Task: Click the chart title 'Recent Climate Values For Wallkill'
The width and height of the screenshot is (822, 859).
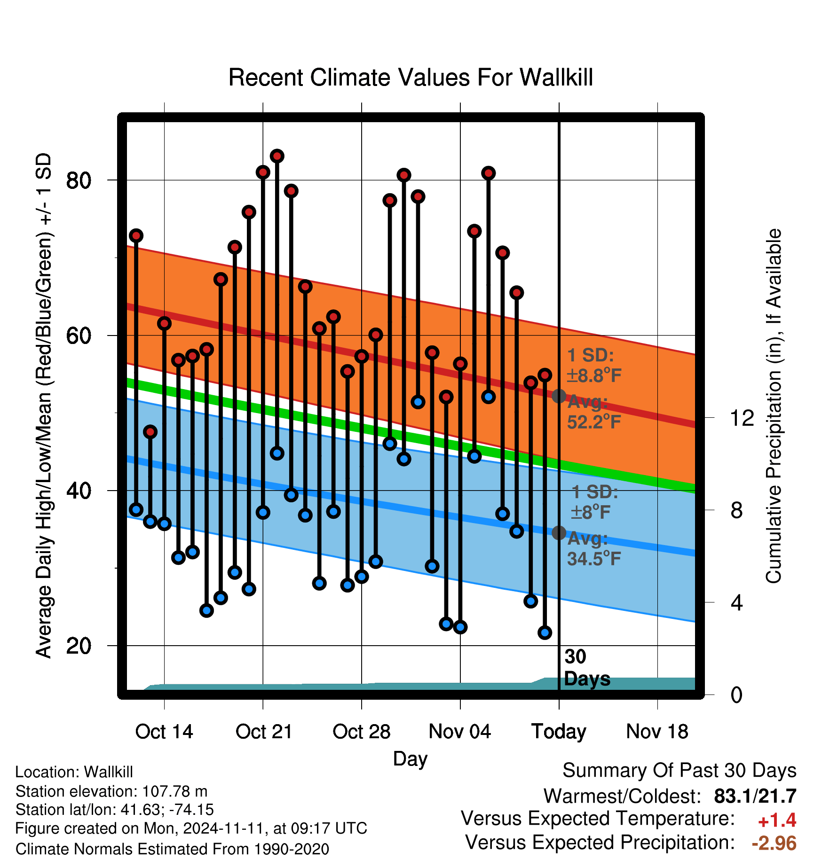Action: pyautogui.click(x=411, y=78)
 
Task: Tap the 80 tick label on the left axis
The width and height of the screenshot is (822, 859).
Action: pyautogui.click(x=79, y=180)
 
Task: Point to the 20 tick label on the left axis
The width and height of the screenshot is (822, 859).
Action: pyautogui.click(x=79, y=646)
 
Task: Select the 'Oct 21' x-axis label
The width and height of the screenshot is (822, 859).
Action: pyautogui.click(x=264, y=732)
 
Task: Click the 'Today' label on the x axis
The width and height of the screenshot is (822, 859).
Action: pyautogui.click(x=559, y=732)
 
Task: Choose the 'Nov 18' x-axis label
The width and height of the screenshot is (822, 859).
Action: pyautogui.click(x=657, y=732)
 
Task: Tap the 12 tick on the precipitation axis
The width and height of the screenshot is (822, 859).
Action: pyautogui.click(x=742, y=418)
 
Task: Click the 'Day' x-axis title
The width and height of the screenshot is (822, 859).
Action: pyautogui.click(x=410, y=759)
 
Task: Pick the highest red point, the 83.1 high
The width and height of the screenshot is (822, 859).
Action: pyautogui.click(x=277, y=156)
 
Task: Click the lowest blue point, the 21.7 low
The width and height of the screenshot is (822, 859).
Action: pyautogui.click(x=545, y=633)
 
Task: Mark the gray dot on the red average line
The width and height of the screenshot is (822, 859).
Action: pyautogui.click(x=559, y=396)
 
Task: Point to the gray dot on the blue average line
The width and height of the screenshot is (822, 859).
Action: pyautogui.click(x=559, y=532)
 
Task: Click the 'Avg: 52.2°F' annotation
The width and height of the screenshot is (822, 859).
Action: pyautogui.click(x=594, y=412)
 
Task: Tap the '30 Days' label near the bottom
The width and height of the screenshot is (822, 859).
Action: pyautogui.click(x=587, y=668)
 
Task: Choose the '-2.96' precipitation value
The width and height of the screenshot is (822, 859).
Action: pyautogui.click(x=774, y=843)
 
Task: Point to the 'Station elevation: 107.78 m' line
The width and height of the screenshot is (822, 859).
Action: pyautogui.click(x=111, y=791)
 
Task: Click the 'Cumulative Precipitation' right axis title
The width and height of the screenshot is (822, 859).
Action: pyautogui.click(x=774, y=406)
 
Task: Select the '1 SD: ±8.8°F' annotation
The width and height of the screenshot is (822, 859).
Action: pyautogui.click(x=594, y=365)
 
